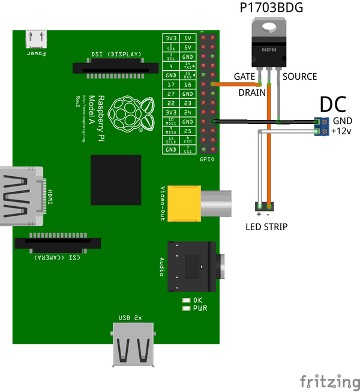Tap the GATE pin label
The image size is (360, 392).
[245, 77]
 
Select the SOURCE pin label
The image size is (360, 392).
[299, 77]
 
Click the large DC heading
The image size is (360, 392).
[332, 104]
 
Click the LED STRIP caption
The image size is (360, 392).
[266, 227]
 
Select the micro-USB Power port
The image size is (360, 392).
[36, 40]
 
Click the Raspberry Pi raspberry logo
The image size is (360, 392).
[128, 113]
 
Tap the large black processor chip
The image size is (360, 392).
[116, 179]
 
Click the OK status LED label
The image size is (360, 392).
[196, 300]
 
